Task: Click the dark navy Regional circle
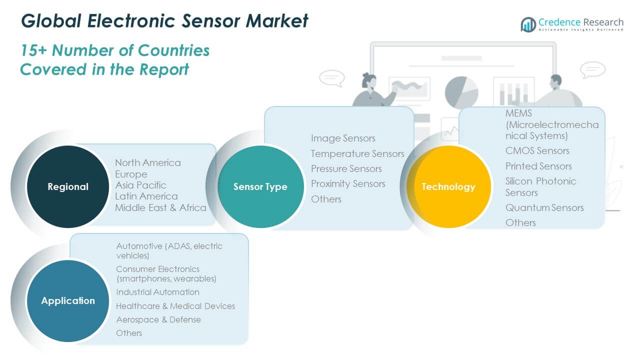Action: [67, 186]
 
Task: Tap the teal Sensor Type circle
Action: [260, 186]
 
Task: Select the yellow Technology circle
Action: [448, 186]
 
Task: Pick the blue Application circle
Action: [67, 300]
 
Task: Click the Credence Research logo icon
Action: [528, 24]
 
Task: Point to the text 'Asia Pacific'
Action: [140, 185]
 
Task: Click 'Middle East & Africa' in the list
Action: [160, 207]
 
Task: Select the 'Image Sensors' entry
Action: [343, 138]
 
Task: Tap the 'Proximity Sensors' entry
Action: [348, 183]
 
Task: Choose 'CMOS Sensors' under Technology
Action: [537, 150]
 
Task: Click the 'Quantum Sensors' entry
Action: [544, 207]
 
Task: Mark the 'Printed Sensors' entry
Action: [538, 166]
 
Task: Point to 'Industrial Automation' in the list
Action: [157, 292]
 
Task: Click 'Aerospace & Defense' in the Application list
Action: [158, 319]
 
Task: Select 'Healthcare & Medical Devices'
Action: [175, 306]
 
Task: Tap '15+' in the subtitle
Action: [33, 50]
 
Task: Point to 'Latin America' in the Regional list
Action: [146, 196]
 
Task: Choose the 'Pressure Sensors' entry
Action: [346, 168]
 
